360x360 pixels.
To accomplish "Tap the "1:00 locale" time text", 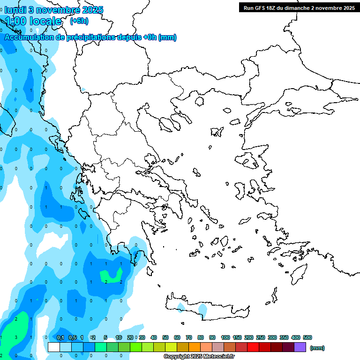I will [33, 21].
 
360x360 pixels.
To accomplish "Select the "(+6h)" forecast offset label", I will [79, 21].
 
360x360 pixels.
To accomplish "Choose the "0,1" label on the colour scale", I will [60, 337].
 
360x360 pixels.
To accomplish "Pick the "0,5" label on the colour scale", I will [72, 337].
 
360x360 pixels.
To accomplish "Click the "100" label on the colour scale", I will [225, 337].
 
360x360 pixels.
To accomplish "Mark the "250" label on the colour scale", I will [261, 337].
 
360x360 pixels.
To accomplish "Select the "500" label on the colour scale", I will [307, 337].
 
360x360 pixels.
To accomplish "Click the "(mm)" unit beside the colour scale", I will [317, 348].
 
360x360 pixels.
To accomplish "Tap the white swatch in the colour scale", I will [54, 347].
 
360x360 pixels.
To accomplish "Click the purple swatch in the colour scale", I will [300, 347].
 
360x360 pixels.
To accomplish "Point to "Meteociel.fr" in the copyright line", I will [218, 357].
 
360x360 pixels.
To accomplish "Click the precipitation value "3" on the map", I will [16, 337].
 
